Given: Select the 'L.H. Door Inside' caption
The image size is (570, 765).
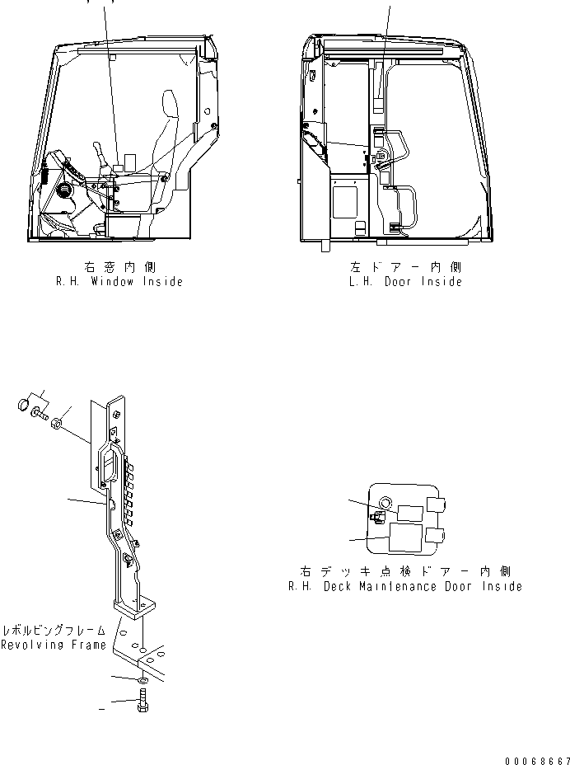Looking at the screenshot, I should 404,281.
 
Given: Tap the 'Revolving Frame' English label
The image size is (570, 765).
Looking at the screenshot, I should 53,645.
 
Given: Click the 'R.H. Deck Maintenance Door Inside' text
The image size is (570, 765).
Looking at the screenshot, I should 404,586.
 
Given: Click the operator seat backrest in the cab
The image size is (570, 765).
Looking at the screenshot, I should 170,115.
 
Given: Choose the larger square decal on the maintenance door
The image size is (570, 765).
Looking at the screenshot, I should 404,538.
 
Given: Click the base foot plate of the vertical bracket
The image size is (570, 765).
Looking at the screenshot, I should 136,607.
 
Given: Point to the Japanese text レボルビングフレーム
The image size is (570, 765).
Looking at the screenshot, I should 53,630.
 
